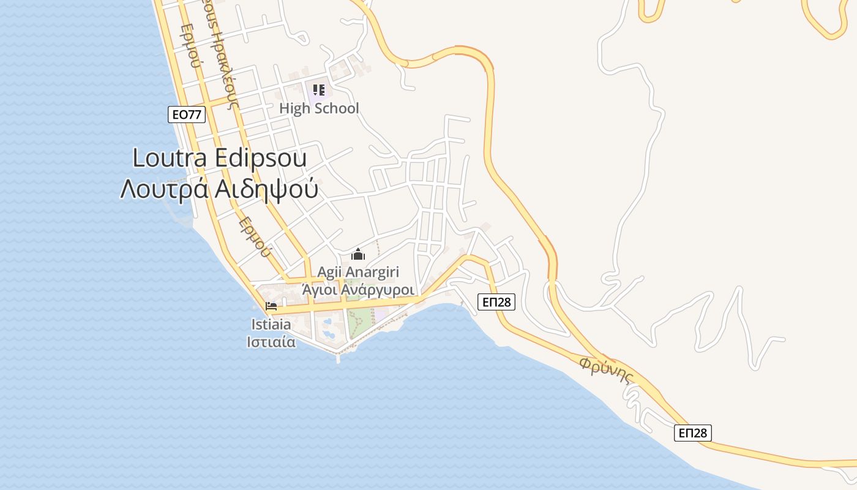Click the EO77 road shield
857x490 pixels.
point(187,115)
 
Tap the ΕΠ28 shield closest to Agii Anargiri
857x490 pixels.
point(496,301)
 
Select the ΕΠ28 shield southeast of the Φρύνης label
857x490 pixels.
point(694,433)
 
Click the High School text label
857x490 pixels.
point(319,108)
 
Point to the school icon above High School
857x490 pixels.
point(319,91)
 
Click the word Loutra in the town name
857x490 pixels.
point(171,158)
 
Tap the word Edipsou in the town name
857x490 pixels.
point(261,158)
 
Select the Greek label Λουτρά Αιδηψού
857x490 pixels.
point(219,189)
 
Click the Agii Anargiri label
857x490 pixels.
point(358,271)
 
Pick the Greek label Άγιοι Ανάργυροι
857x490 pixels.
point(359,288)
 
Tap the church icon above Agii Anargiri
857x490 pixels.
point(358,254)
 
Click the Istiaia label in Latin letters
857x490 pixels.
point(271,325)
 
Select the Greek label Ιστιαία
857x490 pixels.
point(271,342)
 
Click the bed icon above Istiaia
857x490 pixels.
point(271,306)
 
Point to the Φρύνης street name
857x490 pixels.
point(605,371)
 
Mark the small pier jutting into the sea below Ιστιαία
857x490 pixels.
point(338,358)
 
